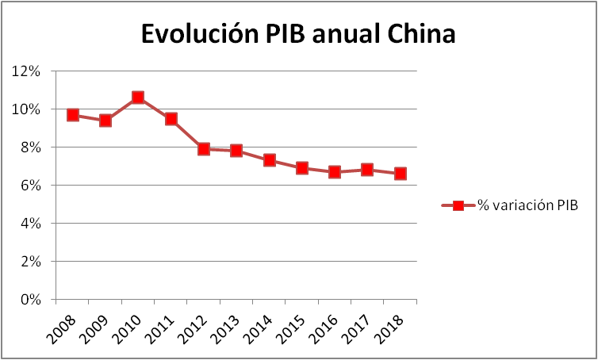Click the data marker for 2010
coord(138,98)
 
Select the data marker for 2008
coord(73,115)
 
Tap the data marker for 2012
coord(204,148)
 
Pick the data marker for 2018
coord(401,174)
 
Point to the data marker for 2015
coord(302,168)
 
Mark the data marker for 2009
coord(105,121)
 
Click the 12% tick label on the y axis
coord(27,71)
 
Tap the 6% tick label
coord(30,186)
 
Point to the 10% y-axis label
coord(27,109)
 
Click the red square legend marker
coord(458,206)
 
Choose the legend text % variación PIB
coord(527,206)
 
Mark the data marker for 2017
coord(367,170)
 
